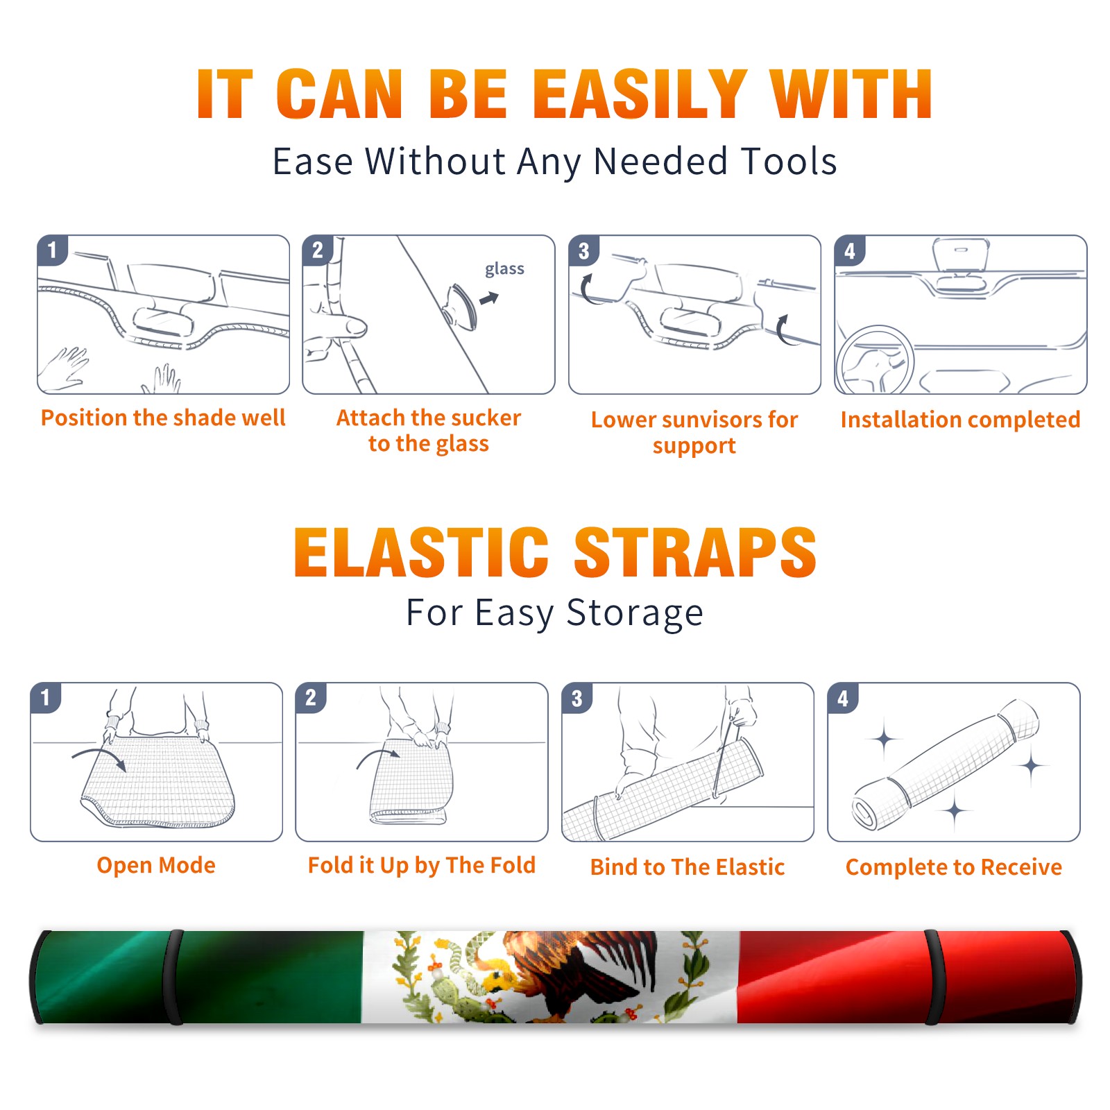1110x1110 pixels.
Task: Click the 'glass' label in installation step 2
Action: [504, 269]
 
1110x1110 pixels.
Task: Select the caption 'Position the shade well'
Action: [163, 418]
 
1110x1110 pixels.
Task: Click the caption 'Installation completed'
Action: [960, 420]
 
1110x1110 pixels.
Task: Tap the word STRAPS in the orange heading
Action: [695, 552]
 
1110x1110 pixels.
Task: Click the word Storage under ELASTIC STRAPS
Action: [635, 613]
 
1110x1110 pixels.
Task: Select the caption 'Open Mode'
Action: [156, 865]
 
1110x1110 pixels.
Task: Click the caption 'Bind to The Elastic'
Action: [688, 867]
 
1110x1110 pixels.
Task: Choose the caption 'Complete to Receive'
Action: [954, 867]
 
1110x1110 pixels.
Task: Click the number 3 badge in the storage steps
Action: [577, 698]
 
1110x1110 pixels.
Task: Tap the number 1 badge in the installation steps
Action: [52, 250]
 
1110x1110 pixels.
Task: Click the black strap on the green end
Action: [175, 977]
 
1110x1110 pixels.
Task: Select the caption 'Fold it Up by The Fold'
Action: [422, 865]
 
